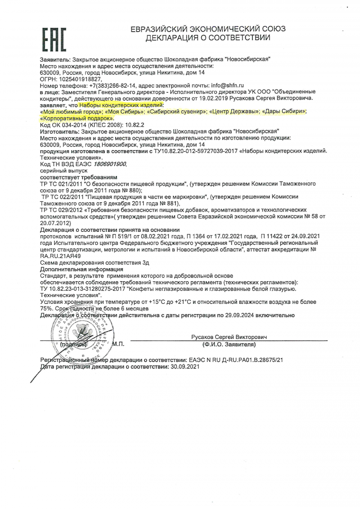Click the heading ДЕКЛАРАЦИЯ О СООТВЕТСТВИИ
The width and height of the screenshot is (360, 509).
(207, 38)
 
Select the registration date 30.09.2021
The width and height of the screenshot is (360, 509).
(182, 367)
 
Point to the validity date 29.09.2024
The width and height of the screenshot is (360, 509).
(235, 315)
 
